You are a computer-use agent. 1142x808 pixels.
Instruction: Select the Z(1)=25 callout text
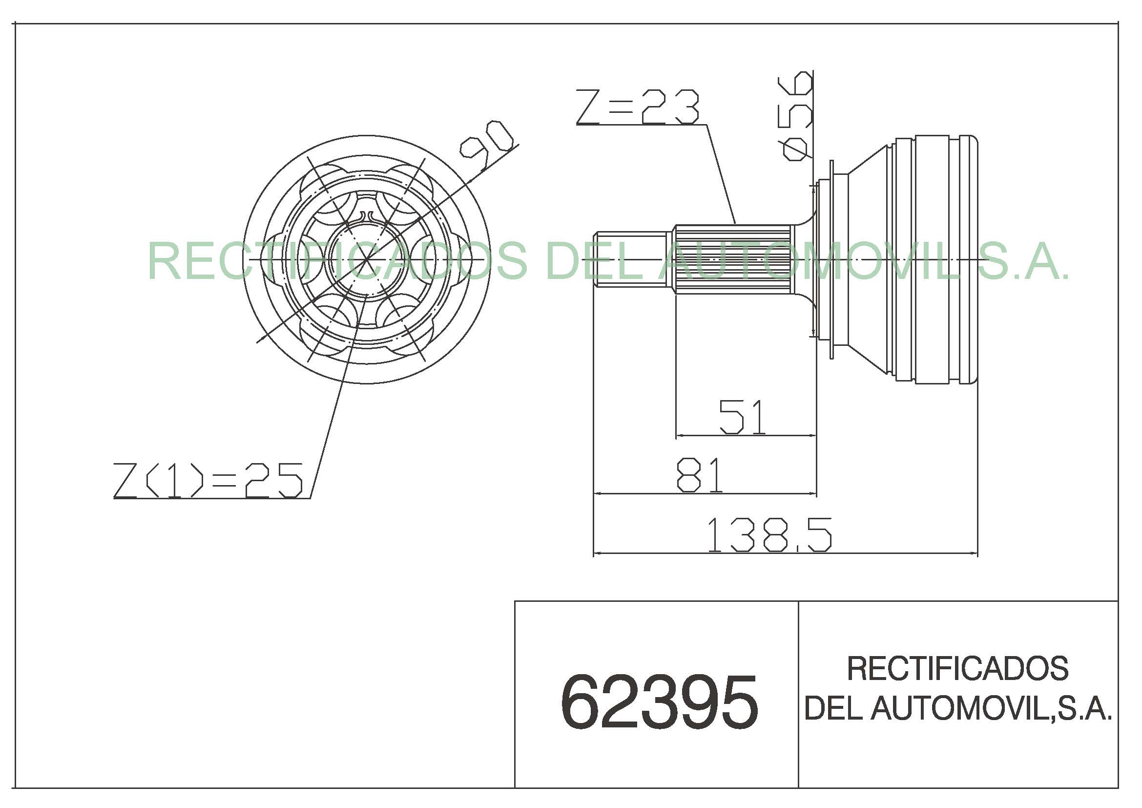point(208,480)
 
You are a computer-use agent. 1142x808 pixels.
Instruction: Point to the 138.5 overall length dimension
point(769,535)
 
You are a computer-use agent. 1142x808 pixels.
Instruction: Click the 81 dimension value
point(699,475)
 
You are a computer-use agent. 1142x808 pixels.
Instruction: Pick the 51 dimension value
point(742,416)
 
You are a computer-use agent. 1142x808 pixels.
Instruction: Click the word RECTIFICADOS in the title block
point(957,668)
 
